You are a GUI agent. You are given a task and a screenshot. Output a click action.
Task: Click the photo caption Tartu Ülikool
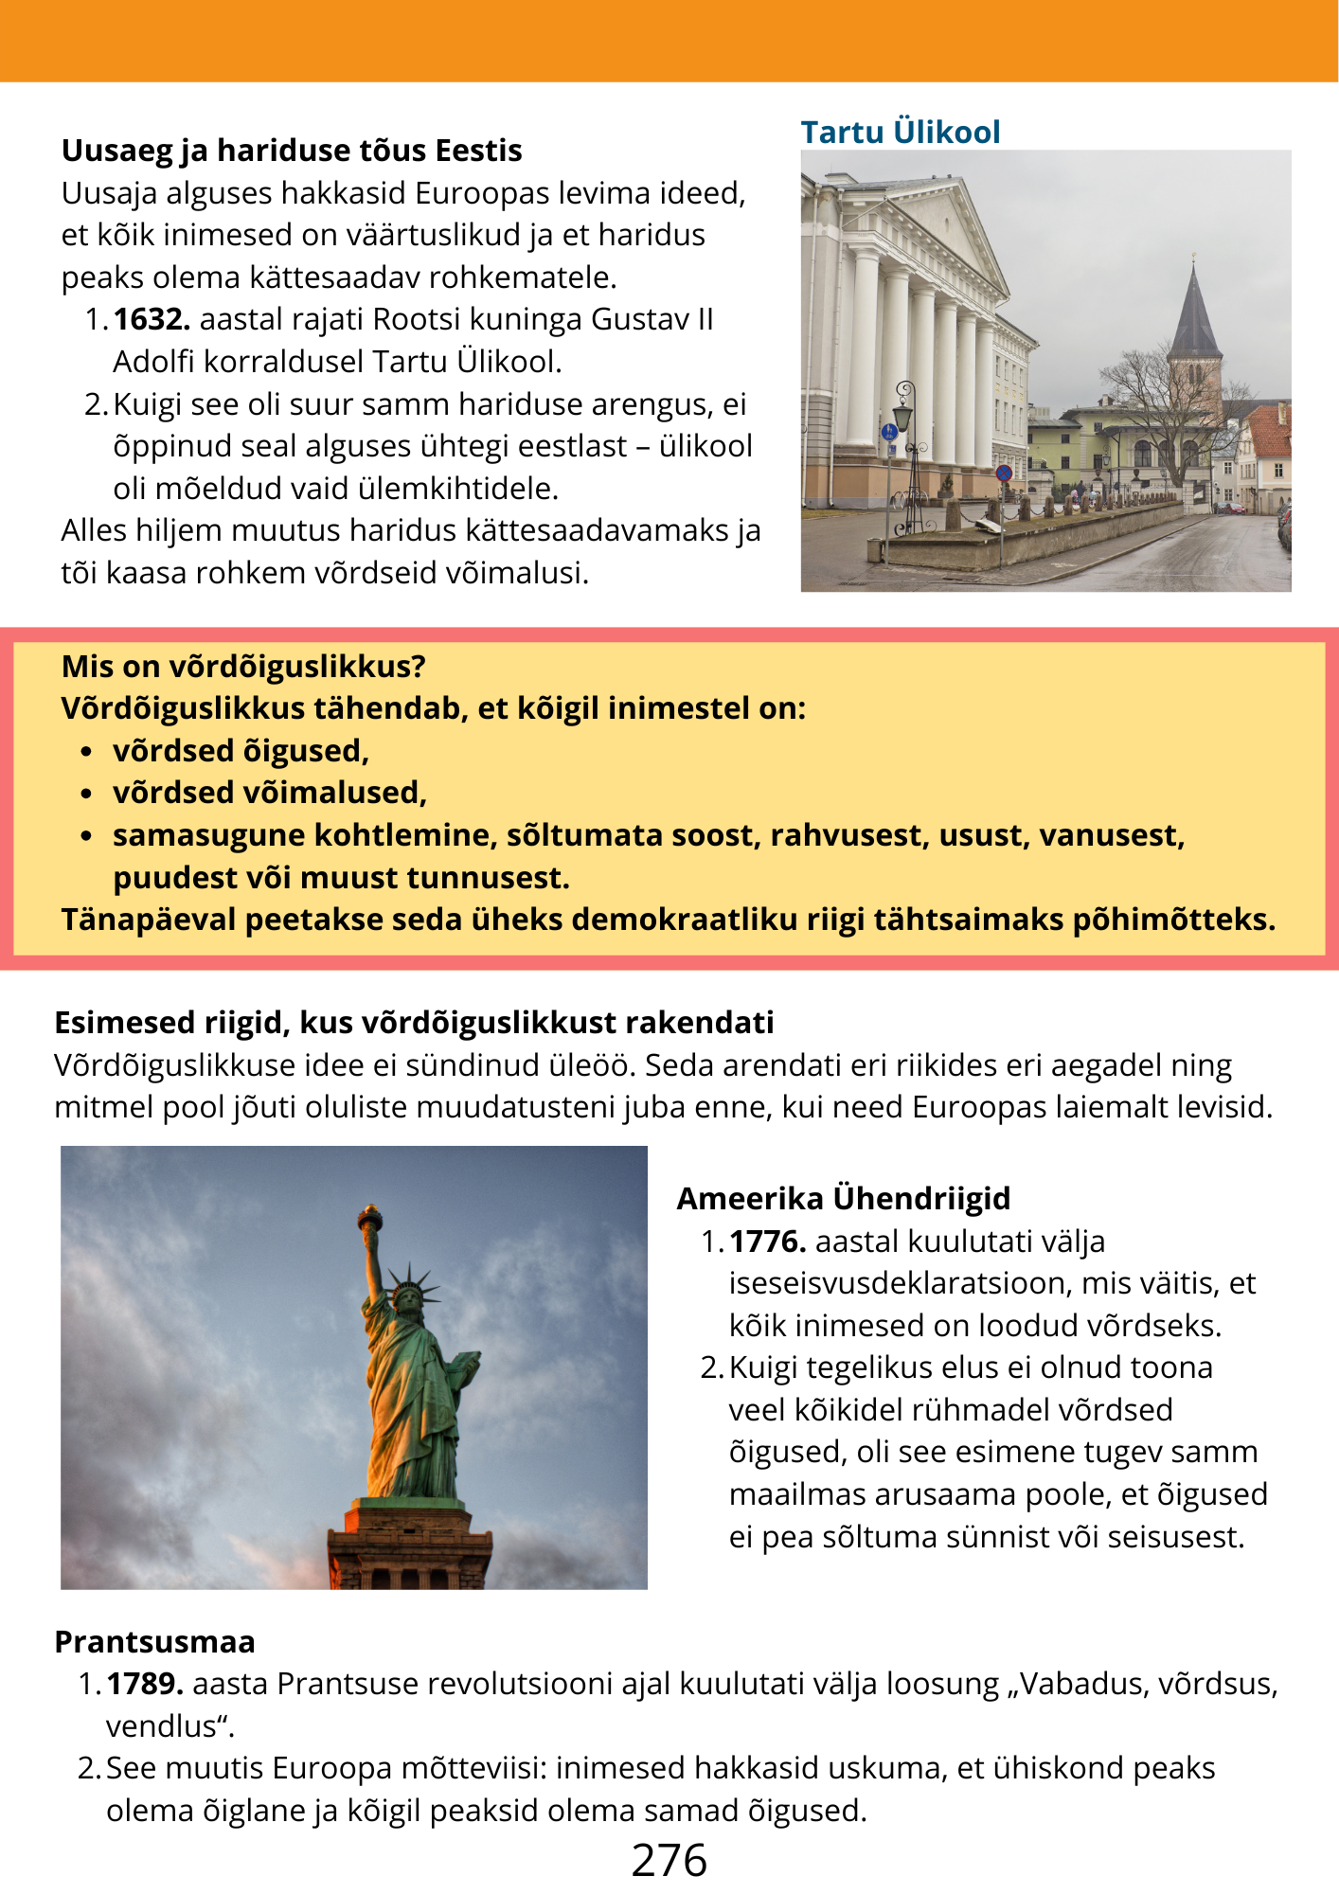coord(900,132)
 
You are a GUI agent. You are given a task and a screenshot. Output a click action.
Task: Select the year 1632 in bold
coord(152,319)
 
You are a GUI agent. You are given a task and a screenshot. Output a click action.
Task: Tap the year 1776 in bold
coord(767,1241)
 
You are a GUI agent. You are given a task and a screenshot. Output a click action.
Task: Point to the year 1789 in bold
coord(145,1684)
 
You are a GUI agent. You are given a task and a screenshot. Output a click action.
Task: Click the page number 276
coord(669,1860)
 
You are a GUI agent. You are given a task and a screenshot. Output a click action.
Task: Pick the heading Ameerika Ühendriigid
coord(843,1198)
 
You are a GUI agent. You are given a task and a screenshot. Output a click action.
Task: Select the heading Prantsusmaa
coord(154,1641)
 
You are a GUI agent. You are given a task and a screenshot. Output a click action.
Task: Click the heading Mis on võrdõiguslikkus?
coord(243,666)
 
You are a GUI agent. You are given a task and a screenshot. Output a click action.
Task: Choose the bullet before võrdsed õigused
coord(86,752)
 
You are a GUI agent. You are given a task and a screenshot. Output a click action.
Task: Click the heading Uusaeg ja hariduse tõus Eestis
coord(292,151)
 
